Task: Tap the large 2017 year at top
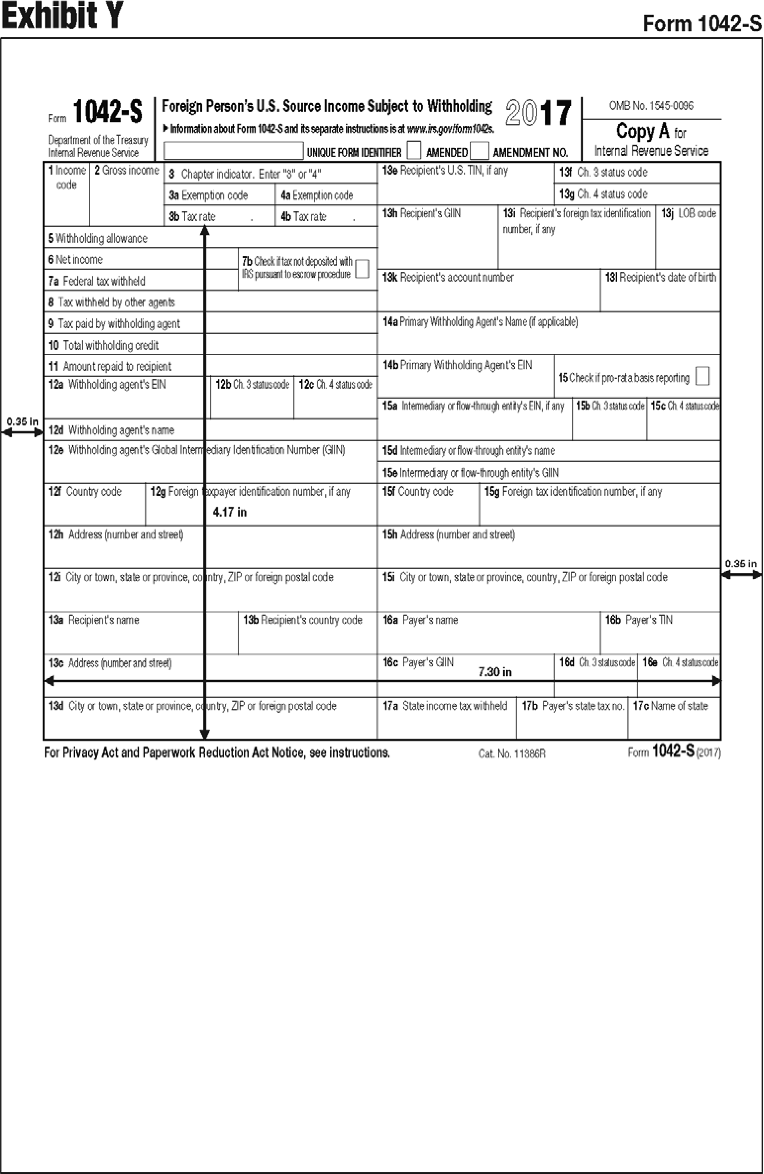[538, 113]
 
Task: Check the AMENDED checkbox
[479, 150]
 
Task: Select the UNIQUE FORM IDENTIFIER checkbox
[414, 150]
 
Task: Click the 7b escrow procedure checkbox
[362, 269]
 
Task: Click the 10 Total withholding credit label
[104, 345]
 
